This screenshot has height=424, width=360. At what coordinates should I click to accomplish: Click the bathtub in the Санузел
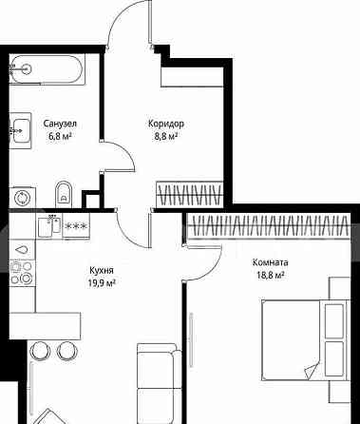(47, 69)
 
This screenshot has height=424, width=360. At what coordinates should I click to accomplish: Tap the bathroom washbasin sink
(20, 130)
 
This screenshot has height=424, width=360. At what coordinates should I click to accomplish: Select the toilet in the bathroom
(64, 193)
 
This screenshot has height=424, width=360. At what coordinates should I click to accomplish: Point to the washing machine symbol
(23, 198)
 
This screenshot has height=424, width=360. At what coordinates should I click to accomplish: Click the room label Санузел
(60, 124)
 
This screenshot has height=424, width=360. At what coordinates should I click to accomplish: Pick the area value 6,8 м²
(60, 136)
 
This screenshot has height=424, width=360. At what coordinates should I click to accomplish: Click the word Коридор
(166, 124)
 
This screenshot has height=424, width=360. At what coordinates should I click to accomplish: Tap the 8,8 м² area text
(164, 136)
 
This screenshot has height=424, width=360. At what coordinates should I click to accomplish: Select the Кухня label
(102, 270)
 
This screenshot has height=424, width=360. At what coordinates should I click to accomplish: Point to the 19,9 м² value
(102, 282)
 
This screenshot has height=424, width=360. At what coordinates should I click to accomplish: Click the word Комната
(270, 262)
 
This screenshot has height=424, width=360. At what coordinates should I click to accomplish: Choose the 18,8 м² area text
(270, 275)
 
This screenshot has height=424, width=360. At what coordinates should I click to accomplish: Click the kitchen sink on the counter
(49, 226)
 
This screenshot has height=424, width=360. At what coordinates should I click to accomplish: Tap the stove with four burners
(22, 272)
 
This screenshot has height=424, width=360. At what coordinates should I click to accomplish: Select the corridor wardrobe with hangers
(190, 193)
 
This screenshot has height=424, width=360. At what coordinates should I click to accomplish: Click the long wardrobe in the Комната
(269, 225)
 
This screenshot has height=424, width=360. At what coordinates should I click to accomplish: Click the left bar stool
(40, 351)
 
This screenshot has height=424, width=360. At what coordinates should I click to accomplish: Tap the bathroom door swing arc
(123, 152)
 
